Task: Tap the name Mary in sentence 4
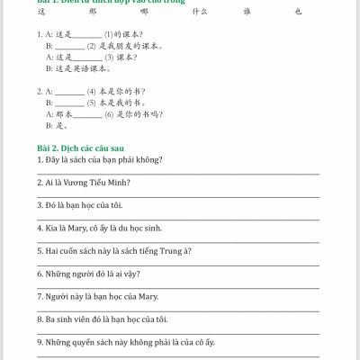point(76,227)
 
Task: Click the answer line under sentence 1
point(175,172)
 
